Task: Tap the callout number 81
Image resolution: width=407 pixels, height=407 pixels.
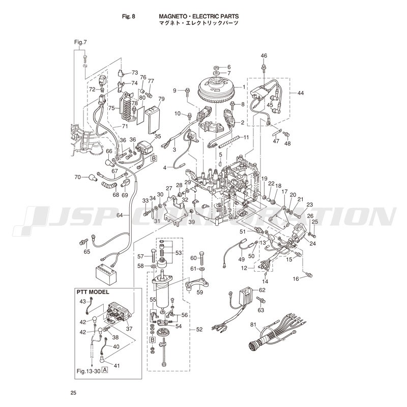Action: pos(253,325)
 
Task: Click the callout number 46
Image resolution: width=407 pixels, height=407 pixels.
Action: pos(264,55)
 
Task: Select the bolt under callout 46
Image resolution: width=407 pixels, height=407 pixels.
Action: pos(264,68)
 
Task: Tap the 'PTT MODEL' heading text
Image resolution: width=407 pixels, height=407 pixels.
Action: pos(93,292)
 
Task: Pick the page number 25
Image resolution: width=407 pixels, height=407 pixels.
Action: pos(73,393)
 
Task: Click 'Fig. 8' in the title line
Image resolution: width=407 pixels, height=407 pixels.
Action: pos(129,16)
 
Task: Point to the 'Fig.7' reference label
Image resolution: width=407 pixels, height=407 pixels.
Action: pos(80,42)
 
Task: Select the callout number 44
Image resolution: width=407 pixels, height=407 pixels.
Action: pos(301,93)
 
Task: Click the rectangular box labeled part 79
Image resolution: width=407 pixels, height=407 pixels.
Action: pos(154,120)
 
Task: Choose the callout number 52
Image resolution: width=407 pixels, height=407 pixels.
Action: pos(199,329)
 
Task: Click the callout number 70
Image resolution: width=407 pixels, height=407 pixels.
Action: pos(78,177)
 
